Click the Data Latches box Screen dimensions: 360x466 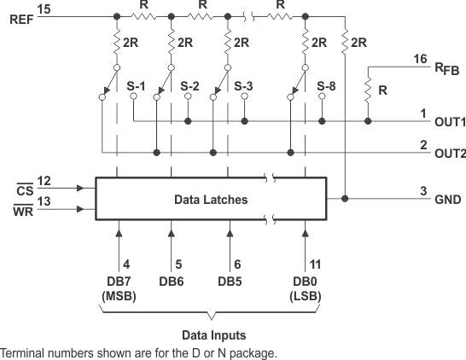[210, 200]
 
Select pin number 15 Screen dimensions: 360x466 [44, 9]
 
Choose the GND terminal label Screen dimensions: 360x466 [447, 200]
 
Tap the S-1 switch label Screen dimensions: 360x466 [137, 86]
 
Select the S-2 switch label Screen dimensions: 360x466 [190, 86]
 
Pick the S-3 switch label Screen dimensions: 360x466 [243, 86]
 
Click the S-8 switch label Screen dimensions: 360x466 [326, 86]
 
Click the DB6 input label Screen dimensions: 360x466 [171, 281]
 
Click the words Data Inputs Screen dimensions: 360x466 [213, 335]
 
